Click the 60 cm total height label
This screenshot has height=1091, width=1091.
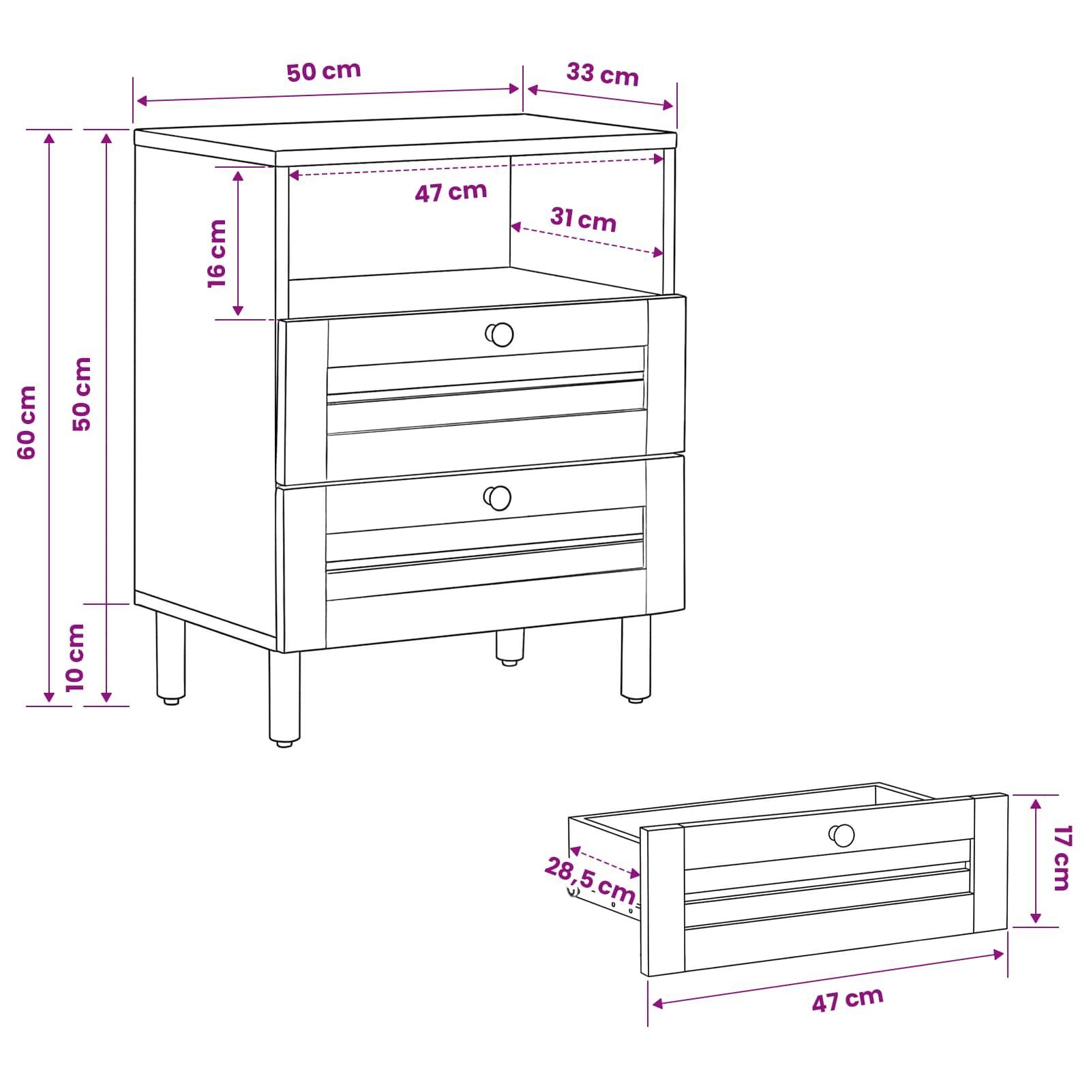(27, 422)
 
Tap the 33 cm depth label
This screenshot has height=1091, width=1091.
(602, 74)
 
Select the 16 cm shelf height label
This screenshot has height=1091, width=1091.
(217, 253)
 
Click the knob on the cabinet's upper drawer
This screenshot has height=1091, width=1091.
(500, 334)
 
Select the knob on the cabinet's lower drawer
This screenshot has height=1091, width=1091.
(498, 498)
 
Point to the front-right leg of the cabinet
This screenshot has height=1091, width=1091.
(635, 659)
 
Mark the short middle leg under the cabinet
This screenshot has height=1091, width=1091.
(510, 647)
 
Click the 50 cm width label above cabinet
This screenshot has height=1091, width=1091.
(323, 71)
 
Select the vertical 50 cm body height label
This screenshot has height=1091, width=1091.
(82, 393)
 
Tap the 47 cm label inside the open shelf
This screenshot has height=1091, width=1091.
(451, 192)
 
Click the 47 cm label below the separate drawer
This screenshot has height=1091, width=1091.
(848, 1000)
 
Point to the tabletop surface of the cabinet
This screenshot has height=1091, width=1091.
(406, 133)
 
